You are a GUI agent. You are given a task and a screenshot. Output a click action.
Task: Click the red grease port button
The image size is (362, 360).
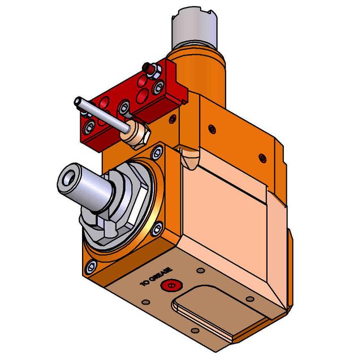tap(168, 286)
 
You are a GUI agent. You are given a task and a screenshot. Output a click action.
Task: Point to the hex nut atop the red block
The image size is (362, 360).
tap(151, 68)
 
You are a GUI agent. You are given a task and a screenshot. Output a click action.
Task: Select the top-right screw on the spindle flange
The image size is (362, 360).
tap(156, 151)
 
